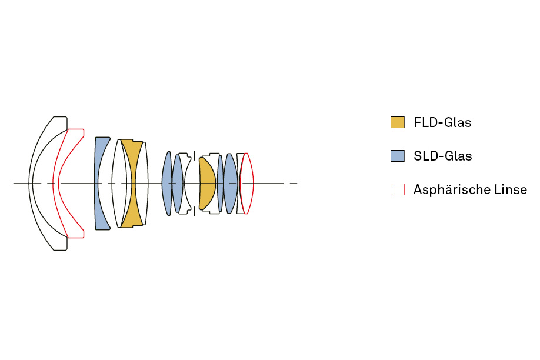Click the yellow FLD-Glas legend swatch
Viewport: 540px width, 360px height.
point(398,122)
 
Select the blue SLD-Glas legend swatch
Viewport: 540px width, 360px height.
point(398,156)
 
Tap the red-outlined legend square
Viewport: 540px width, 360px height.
point(398,189)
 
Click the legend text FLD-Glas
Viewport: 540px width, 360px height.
point(442,122)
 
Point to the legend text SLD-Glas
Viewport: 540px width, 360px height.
point(443,156)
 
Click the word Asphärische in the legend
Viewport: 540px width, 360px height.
point(451,189)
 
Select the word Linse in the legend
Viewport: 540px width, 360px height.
point(511,189)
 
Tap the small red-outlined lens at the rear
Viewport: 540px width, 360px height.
point(249,184)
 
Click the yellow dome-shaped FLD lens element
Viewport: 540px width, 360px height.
point(207,184)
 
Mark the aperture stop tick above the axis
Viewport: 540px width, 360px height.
point(194,156)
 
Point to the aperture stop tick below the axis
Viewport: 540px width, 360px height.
point(194,211)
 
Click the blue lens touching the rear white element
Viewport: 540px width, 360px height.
point(231,184)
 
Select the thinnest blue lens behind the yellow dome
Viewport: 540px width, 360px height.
point(220,184)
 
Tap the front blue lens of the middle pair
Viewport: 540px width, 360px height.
point(166,184)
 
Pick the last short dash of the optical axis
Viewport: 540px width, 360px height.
point(294,184)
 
